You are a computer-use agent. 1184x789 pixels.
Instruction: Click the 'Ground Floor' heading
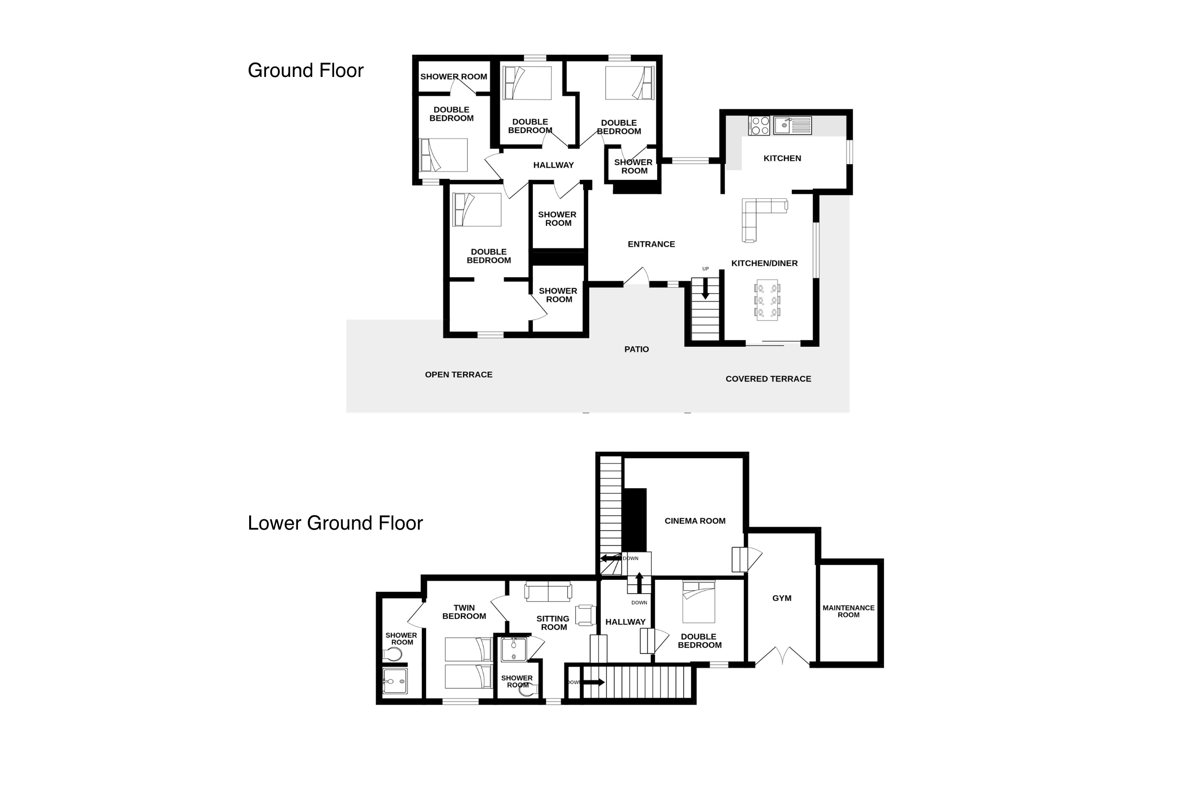[305, 71]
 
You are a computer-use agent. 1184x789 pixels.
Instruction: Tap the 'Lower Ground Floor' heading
[335, 523]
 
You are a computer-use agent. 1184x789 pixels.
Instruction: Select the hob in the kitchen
[759, 126]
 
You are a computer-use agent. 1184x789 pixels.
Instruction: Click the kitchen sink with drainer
[792, 125]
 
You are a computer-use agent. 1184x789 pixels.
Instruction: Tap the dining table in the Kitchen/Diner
[767, 300]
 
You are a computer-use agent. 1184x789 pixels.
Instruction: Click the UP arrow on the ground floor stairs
[705, 289]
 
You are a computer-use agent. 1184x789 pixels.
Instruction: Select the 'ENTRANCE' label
[651, 244]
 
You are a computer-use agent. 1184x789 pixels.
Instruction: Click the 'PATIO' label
[637, 349]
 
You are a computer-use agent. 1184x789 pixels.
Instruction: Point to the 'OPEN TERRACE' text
[459, 374]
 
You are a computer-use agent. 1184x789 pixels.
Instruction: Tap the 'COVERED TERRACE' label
[768, 379]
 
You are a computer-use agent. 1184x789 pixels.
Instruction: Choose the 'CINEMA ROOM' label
[695, 521]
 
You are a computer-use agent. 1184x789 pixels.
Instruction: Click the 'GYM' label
[782, 598]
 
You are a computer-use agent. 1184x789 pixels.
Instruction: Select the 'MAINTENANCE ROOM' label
[849, 611]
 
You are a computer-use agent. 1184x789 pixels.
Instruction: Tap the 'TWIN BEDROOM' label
[464, 612]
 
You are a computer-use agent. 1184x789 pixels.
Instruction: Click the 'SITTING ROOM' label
[553, 623]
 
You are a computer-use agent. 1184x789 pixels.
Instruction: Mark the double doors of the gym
[783, 656]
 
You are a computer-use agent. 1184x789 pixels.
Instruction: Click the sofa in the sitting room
[548, 591]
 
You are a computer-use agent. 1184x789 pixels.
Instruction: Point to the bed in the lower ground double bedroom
[699, 602]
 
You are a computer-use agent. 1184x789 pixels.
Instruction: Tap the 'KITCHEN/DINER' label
[764, 263]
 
